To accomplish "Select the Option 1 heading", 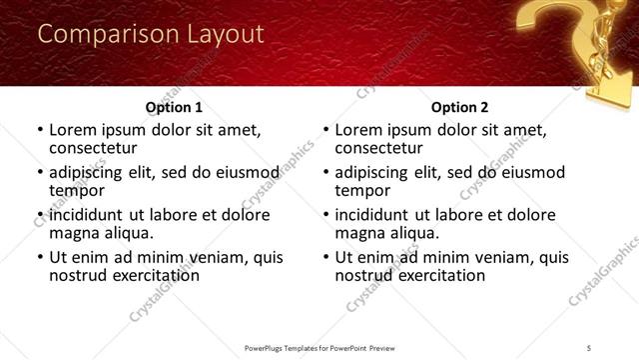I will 174,107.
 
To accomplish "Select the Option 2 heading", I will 459,107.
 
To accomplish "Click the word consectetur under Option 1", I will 96,148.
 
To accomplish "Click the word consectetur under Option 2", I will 381,148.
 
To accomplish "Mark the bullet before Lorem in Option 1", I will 40,131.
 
